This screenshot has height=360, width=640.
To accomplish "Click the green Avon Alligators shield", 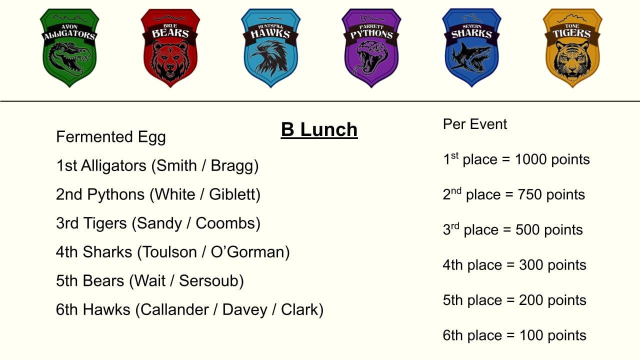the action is [69, 47].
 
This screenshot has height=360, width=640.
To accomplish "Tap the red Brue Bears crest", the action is [170, 47].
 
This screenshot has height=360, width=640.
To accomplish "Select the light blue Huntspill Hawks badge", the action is [271, 47].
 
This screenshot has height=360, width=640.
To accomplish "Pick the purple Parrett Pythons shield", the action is [371, 47].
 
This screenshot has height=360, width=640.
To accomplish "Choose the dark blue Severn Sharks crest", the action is [471, 47].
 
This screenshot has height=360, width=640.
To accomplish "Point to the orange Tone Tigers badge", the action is [572, 47].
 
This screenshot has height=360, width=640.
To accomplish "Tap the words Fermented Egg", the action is [111, 137].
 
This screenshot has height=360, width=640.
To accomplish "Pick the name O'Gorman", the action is [247, 252].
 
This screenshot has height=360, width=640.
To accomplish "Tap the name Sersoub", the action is [209, 280].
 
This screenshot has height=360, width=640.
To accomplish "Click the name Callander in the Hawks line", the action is [174, 309].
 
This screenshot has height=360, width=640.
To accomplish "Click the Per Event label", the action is [475, 124].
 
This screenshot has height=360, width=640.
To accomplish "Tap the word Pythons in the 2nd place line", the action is [115, 195].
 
